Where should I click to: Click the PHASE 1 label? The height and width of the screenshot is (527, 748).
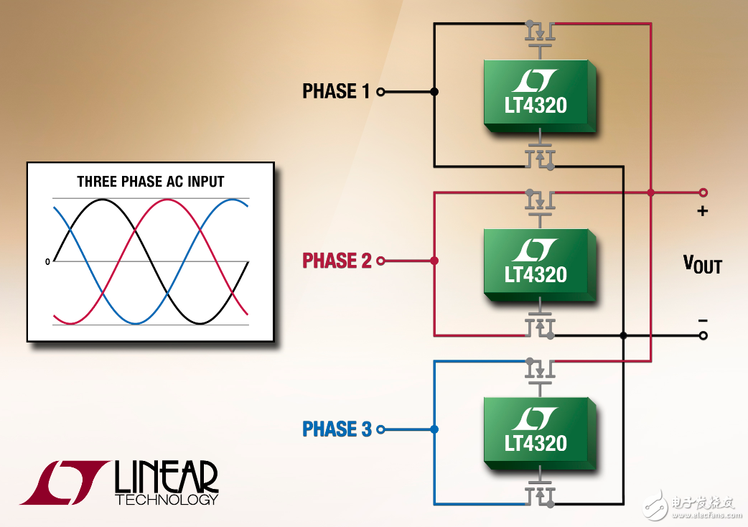click(x=336, y=91)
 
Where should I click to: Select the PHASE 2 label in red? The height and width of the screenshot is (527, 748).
click(x=337, y=261)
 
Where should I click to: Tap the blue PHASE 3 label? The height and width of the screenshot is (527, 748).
click(x=337, y=429)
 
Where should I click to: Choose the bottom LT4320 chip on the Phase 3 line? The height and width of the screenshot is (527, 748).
click(x=540, y=434)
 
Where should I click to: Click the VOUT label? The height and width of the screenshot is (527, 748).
click(x=702, y=264)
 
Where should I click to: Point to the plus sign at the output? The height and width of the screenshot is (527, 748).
click(x=702, y=211)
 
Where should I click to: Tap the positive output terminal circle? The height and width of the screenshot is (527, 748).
click(x=703, y=192)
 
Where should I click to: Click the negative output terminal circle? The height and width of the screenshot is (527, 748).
click(x=703, y=336)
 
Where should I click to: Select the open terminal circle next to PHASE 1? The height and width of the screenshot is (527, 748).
click(x=380, y=92)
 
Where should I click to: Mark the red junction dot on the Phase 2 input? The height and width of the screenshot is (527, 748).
click(x=434, y=261)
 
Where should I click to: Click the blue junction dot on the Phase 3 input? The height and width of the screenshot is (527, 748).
click(x=434, y=429)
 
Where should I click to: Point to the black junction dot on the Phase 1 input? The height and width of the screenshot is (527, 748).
click(x=434, y=92)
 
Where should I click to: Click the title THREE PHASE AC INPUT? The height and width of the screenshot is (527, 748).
click(x=151, y=182)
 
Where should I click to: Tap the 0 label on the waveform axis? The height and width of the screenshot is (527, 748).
click(x=47, y=262)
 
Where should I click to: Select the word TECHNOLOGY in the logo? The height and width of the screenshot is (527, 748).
click(x=167, y=500)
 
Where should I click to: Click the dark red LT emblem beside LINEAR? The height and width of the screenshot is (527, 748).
click(x=65, y=482)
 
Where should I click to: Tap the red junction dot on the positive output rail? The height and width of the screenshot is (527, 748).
click(x=650, y=192)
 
